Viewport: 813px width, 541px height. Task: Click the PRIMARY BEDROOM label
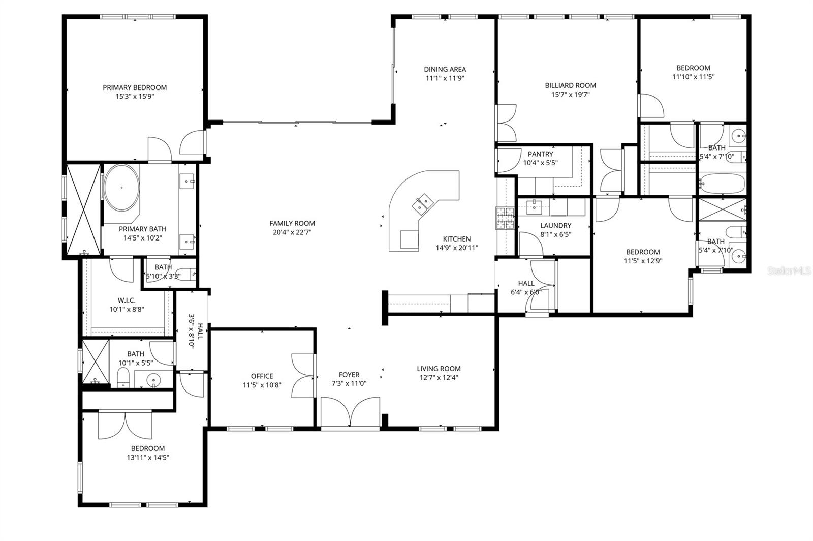click(x=135, y=87)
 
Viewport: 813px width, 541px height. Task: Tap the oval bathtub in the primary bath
click(x=121, y=188)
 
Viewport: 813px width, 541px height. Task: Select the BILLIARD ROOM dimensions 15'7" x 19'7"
click(x=570, y=94)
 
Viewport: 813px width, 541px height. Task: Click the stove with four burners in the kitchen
click(x=506, y=219)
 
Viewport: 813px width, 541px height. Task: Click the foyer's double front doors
click(x=350, y=412)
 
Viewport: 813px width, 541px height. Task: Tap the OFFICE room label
click(x=262, y=376)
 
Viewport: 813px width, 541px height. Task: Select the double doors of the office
click(x=303, y=375)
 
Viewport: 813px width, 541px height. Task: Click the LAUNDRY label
click(x=555, y=226)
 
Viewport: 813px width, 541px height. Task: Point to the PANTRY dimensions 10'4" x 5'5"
click(x=541, y=163)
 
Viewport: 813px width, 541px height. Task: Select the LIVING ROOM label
click(x=439, y=369)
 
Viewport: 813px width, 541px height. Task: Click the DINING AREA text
click(x=445, y=69)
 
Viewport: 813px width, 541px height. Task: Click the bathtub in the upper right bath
click(x=722, y=183)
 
